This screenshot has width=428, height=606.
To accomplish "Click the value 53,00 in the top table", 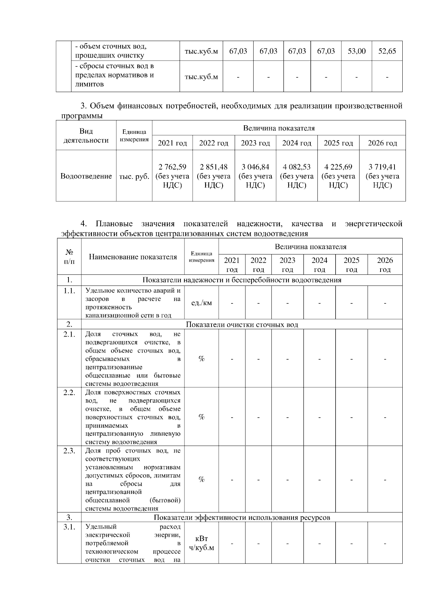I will (x=356, y=51).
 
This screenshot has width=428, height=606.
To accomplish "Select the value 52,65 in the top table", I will (x=387, y=51).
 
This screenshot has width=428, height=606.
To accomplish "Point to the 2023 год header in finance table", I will (x=255, y=143).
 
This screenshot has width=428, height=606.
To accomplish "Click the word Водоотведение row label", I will (x=86, y=176).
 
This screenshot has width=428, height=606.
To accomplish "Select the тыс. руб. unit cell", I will (x=134, y=176).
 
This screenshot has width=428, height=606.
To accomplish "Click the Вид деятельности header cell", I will (x=86, y=136).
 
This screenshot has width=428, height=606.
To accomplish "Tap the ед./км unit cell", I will (x=202, y=303).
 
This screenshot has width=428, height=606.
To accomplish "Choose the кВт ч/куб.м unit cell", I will (x=202, y=543).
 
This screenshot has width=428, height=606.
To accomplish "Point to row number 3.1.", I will (x=69, y=527).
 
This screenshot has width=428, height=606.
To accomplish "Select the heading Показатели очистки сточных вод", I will (x=242, y=324).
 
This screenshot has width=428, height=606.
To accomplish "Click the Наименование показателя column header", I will (x=133, y=257).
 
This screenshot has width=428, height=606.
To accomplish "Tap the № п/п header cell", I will (x=69, y=257).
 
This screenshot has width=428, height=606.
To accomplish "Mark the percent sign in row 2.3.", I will (x=202, y=480).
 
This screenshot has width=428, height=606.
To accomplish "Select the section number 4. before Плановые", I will (x=84, y=224).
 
